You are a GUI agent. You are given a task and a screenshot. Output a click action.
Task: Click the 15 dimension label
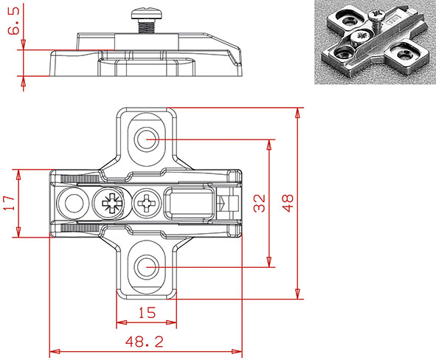[147, 313]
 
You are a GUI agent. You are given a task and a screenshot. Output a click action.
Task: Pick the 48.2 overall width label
[145, 341]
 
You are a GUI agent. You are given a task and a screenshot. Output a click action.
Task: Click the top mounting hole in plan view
[146, 138]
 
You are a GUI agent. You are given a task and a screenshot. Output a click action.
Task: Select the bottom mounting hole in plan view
[146, 267]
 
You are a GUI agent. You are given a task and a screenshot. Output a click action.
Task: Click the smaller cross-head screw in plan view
[147, 203]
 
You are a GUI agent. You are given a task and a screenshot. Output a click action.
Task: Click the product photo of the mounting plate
[375, 43]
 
